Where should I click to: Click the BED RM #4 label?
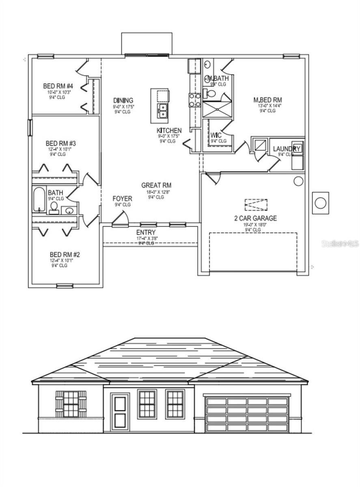click(x=58, y=86)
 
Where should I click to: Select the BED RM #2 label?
click(x=65, y=255)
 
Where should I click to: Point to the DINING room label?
click(x=123, y=101)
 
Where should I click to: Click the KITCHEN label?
click(x=169, y=130)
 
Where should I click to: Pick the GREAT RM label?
click(x=156, y=185)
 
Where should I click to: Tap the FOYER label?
click(x=122, y=198)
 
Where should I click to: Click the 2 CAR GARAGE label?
click(x=255, y=218)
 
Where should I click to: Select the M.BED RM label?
click(x=267, y=100)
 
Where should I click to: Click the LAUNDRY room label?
click(x=286, y=149)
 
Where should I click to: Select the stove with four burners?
click(x=194, y=100)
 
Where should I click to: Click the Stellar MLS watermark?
click(x=340, y=243)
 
